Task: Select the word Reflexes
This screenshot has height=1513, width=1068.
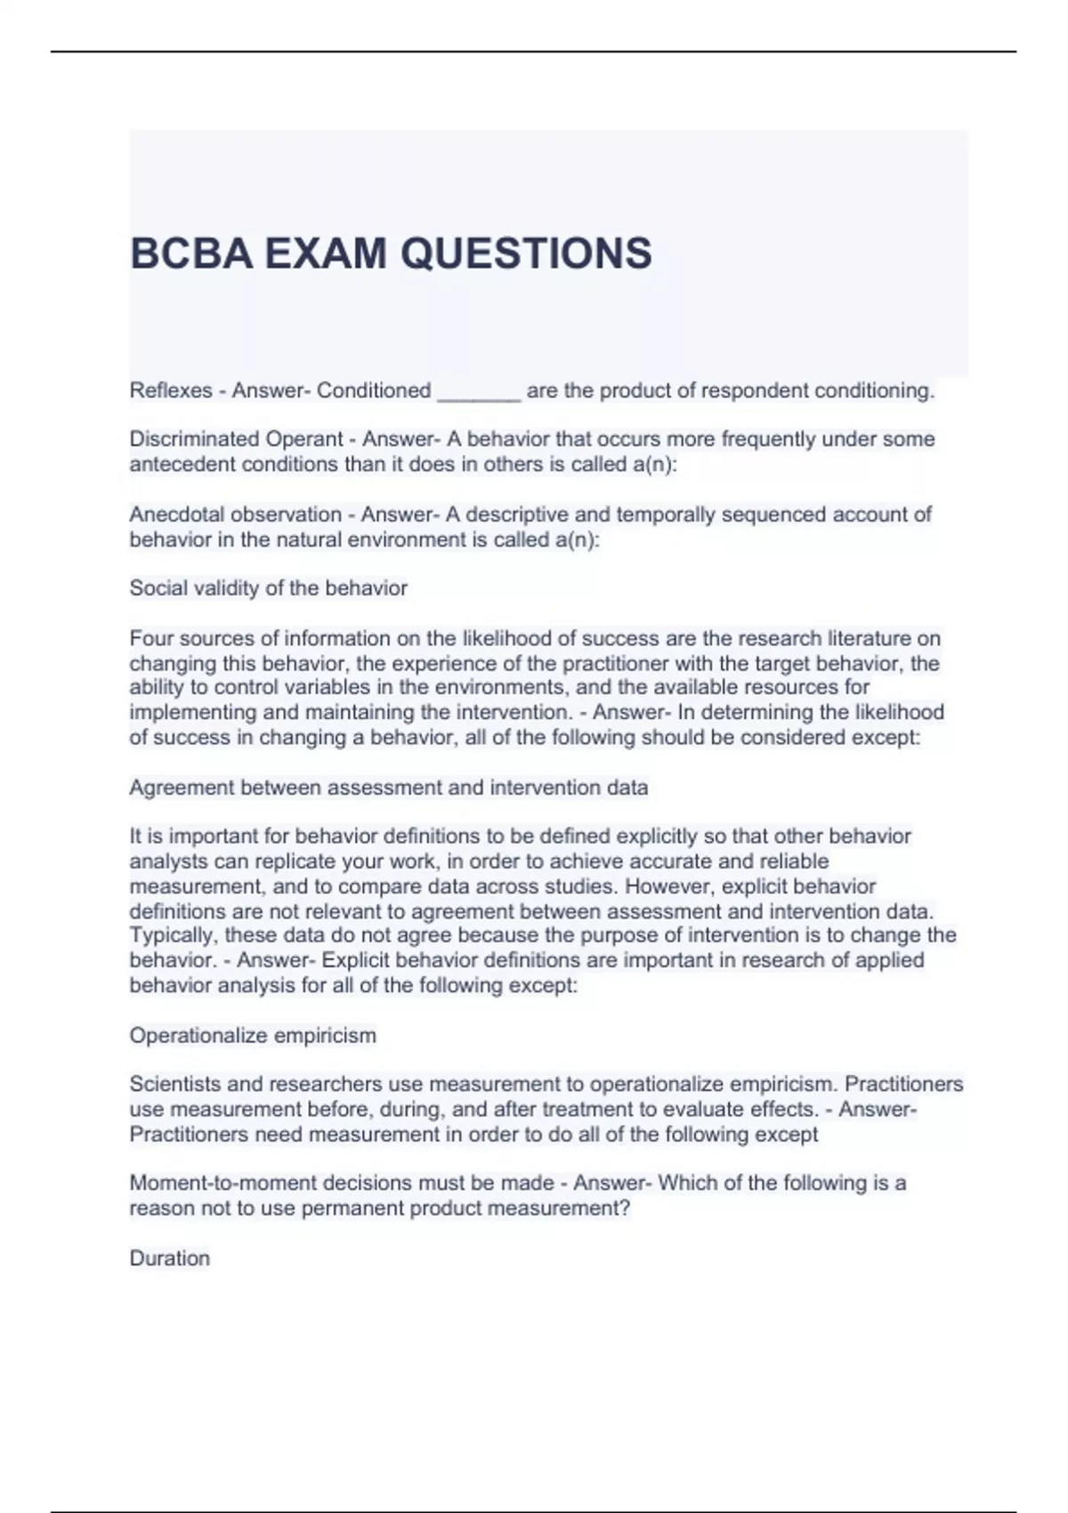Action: point(171,391)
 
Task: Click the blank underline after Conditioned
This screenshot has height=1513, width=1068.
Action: point(479,392)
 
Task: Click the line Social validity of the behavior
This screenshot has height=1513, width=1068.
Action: point(268,588)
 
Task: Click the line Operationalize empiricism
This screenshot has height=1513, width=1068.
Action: point(253,1035)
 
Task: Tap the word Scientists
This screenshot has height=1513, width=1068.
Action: point(174,1084)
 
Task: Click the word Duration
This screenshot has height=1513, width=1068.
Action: point(170,1258)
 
